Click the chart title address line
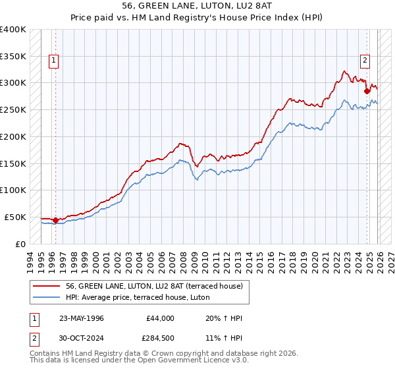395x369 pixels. pos(197,7)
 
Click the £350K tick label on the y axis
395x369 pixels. pos(13,57)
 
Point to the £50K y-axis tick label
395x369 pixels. pos(15,217)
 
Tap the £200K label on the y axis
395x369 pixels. pos(13,136)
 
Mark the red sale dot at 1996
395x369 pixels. pos(55,220)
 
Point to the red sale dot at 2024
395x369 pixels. pos(367,92)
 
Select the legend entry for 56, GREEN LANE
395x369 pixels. pos(155,286)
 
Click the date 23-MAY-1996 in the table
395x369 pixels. pos(81,318)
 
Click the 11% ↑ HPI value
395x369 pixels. pos(224,337)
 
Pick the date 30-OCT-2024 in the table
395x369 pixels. pos(81,337)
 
